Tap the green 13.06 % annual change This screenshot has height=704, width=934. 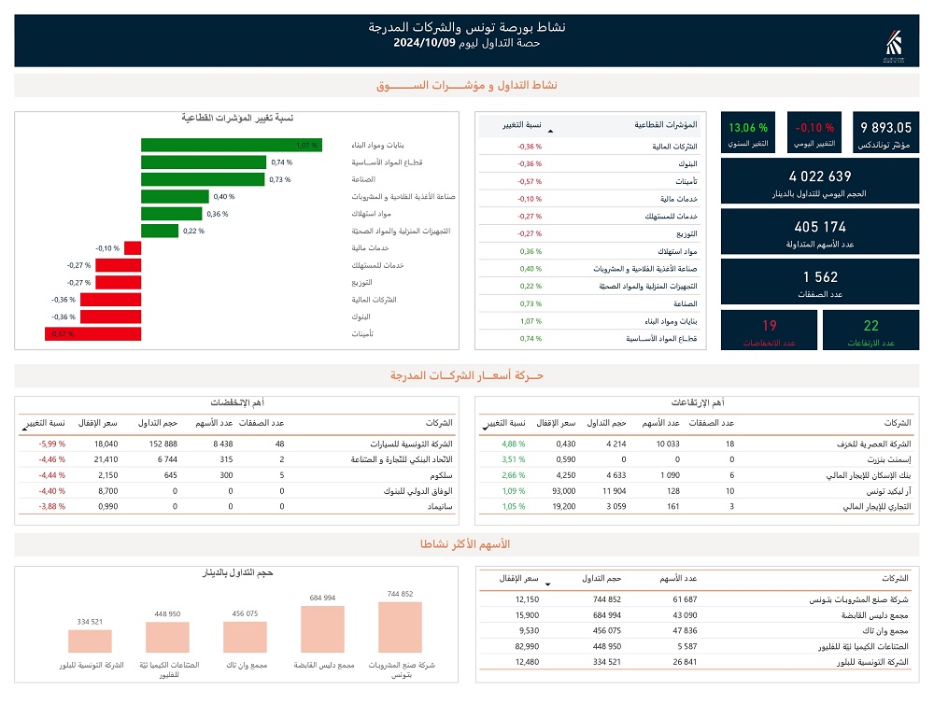coord(748,127)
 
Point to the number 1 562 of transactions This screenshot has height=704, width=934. coord(820,276)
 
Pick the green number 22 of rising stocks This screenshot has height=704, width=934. coord(870,325)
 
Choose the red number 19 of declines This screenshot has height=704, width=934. coord(770,325)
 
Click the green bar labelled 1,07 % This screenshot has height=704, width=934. coord(231,145)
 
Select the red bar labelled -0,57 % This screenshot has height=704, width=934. coord(92,333)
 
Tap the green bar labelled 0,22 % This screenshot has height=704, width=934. coord(160,231)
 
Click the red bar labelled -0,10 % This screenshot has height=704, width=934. coord(133,248)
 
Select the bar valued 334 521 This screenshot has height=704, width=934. coord(90,641)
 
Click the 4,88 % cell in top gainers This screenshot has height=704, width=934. coord(515,444)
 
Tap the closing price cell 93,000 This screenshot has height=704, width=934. coord(563,490)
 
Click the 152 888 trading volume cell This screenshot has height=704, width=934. coord(158,444)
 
